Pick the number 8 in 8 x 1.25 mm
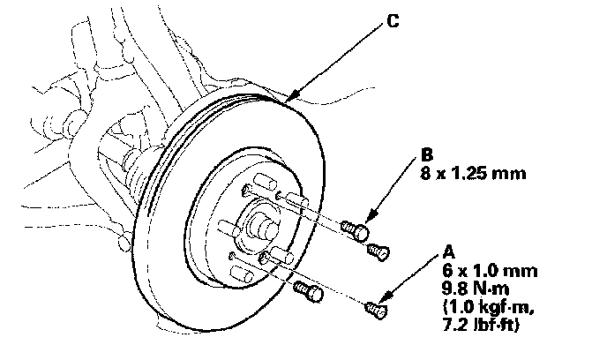(427, 174)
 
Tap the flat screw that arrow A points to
(375, 309)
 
